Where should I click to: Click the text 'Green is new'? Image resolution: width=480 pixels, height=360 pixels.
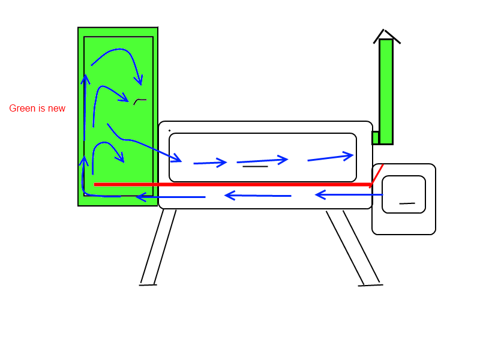pyautogui.click(x=37, y=109)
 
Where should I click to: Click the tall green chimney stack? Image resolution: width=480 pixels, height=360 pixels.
pyautogui.click(x=386, y=90)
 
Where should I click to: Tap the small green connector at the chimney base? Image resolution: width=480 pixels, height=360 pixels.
pyautogui.click(x=375, y=138)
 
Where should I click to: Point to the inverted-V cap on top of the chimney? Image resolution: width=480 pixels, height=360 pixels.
pyautogui.click(x=387, y=35)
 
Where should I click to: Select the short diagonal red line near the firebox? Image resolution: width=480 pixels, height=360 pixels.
pyautogui.click(x=377, y=175)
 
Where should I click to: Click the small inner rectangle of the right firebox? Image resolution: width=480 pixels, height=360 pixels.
pyautogui.click(x=404, y=194)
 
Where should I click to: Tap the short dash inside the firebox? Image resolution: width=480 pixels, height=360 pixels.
pyautogui.click(x=407, y=203)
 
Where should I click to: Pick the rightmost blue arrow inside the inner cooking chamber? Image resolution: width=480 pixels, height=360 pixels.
pyautogui.click(x=330, y=158)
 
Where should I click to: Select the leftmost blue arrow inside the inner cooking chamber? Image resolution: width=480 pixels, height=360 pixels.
pyautogui.click(x=210, y=162)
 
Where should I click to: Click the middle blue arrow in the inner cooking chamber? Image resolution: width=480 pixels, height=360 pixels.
pyautogui.click(x=262, y=160)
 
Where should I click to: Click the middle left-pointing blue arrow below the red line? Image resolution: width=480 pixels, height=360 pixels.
pyautogui.click(x=258, y=196)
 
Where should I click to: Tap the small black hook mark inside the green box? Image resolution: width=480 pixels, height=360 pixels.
pyautogui.click(x=139, y=101)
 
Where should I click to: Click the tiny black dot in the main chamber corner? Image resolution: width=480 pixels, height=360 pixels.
pyautogui.click(x=169, y=130)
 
